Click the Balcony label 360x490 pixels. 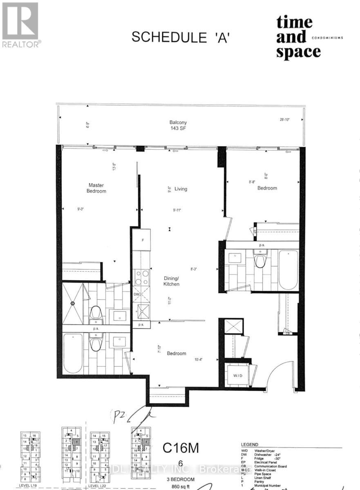[178, 122]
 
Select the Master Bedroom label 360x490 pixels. [97, 188]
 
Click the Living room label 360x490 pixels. [181, 189]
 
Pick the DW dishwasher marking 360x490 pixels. [137, 294]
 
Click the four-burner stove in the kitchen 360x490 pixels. [141, 278]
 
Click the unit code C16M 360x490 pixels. [181, 448]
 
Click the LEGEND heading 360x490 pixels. [249, 445]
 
